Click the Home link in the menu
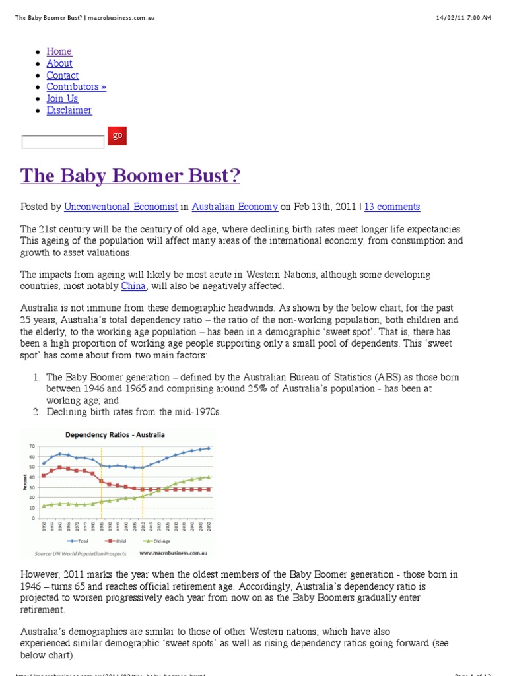click(59, 51)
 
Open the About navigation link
click(59, 63)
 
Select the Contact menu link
click(62, 75)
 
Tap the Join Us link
click(62, 98)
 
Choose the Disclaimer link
click(69, 110)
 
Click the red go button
click(117, 136)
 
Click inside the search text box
click(63, 142)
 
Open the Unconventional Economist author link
click(121, 207)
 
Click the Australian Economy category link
click(235, 207)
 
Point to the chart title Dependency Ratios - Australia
click(114, 435)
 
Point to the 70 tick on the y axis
click(31, 447)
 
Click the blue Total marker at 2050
click(209, 448)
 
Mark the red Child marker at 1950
click(44, 475)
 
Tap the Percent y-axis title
click(24, 482)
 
